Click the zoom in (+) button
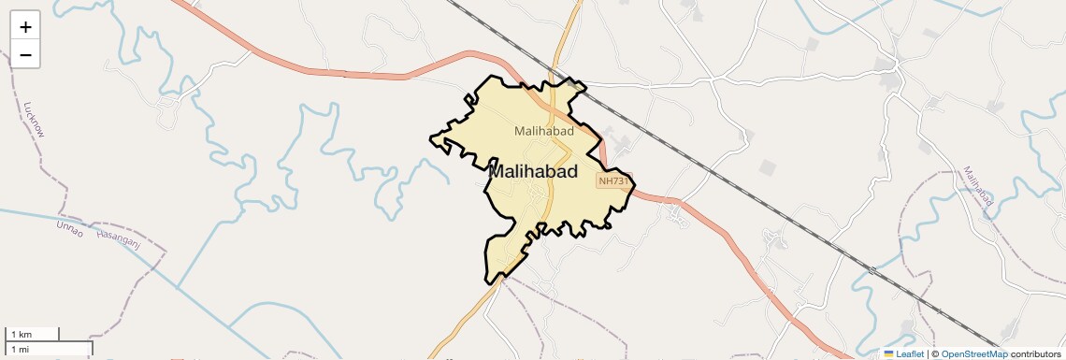click(25, 27)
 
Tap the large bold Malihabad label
click(533, 172)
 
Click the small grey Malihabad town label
click(543, 131)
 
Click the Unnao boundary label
click(70, 227)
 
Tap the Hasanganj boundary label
click(119, 238)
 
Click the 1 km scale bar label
click(21, 334)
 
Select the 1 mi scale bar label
click(21, 349)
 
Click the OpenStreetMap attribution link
click(973, 353)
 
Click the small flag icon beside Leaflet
click(889, 353)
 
